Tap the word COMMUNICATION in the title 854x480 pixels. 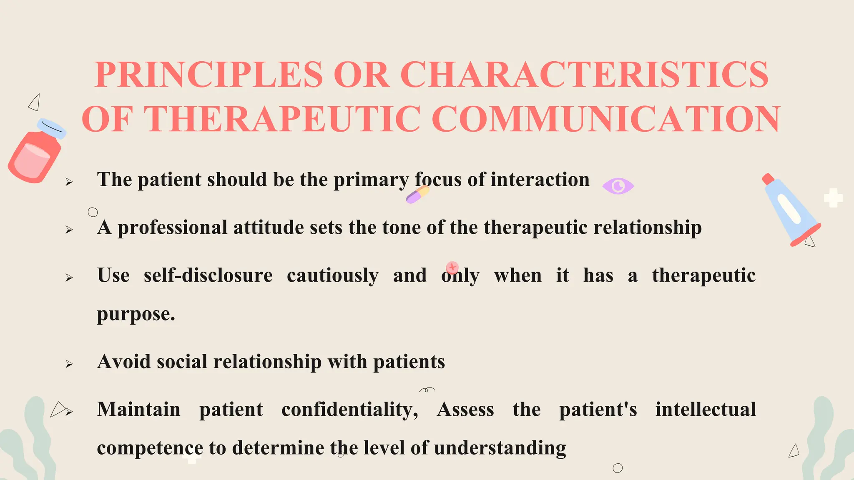605,120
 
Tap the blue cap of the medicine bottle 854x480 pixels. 52,128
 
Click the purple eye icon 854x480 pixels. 618,186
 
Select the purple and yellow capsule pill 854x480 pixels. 418,195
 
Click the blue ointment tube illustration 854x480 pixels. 790,210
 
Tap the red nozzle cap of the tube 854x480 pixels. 768,179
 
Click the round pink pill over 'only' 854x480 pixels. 452,267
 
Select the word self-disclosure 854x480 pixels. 208,276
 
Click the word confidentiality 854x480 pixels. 349,410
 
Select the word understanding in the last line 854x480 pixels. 500,448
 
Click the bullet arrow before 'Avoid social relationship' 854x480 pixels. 69,364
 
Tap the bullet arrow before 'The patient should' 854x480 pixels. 69,182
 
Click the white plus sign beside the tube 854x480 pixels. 833,198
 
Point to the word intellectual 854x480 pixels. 705,410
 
